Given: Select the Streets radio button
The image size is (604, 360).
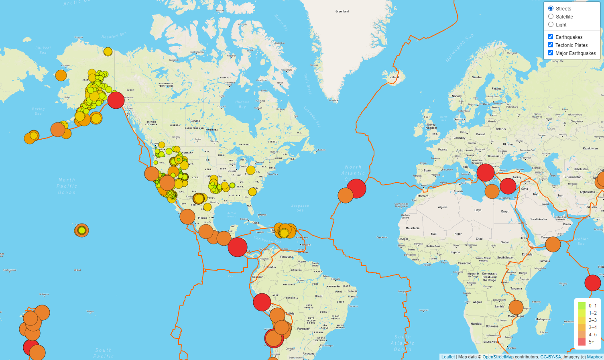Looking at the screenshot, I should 551,8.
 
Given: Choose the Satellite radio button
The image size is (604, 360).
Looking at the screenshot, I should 551,16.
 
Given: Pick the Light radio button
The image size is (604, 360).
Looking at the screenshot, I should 551,24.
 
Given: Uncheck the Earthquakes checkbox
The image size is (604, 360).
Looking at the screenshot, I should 550,37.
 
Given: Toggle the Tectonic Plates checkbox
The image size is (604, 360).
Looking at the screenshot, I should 550,45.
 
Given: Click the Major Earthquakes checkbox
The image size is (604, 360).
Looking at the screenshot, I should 550,53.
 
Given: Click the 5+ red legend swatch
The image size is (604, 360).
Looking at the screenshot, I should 582,342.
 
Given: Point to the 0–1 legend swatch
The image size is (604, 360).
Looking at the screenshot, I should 582,306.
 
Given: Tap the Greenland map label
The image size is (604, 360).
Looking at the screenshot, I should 342,12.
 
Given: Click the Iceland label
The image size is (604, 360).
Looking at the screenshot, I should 394,77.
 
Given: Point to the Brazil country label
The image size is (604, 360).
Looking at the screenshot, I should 319,296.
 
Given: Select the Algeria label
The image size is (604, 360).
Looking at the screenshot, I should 442,207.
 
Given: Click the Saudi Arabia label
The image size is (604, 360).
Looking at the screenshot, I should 538,219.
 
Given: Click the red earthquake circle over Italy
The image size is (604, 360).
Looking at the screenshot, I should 485,173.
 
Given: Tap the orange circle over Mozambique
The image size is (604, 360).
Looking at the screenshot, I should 516,307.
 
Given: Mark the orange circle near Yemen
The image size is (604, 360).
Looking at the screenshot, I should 553,244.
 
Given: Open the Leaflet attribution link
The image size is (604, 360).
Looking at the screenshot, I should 448,357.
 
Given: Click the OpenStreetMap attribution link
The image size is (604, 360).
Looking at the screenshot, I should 498,357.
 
